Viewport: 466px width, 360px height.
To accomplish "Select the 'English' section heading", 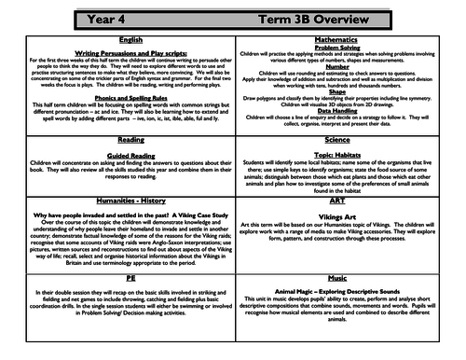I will [x=117, y=42].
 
